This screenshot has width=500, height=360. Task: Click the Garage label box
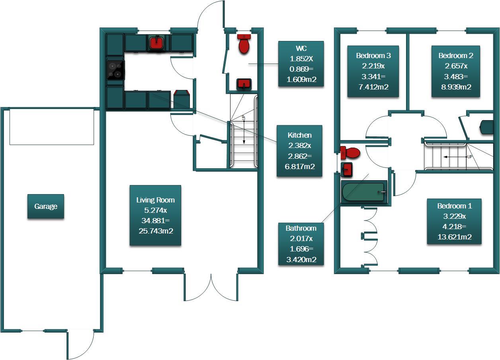(45, 206)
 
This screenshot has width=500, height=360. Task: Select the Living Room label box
(155, 215)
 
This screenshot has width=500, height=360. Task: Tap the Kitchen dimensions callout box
(299, 151)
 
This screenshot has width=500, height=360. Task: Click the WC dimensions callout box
(301, 64)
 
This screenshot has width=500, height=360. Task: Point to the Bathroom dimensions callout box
(301, 244)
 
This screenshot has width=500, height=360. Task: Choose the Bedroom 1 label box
(454, 222)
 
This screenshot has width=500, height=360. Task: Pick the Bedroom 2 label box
(455, 71)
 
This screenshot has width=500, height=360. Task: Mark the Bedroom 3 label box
(373, 71)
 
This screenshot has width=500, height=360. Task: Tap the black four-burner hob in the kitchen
(115, 70)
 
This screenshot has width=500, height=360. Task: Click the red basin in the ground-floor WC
(244, 84)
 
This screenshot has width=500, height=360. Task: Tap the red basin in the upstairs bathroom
(347, 169)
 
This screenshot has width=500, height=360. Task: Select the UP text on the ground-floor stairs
(243, 118)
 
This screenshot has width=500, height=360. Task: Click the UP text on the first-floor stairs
(470, 157)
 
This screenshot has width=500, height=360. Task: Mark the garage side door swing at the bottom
(81, 344)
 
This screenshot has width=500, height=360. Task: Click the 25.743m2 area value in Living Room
(155, 231)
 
